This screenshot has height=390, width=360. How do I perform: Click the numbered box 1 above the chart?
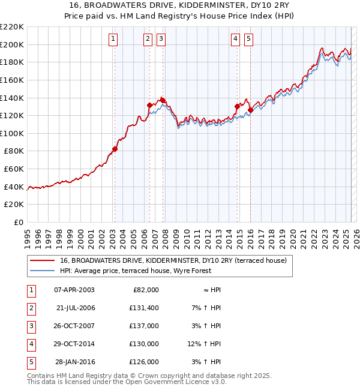[113, 40]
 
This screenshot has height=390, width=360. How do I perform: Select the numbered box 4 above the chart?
[236, 40]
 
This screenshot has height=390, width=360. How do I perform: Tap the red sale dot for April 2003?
[115, 149]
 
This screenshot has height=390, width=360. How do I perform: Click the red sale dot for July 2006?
[149, 105]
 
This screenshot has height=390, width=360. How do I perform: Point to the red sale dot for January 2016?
[251, 110]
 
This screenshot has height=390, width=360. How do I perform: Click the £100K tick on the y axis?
[12, 133]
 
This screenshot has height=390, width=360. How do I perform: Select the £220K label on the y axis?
[12, 27]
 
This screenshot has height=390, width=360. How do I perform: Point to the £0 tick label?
[19, 222]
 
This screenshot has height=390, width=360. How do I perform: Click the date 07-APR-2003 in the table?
[74, 290]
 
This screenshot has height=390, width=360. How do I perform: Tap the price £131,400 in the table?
[144, 308]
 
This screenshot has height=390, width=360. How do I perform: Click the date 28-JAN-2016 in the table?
[75, 362]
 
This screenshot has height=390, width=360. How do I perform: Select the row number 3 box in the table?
[30, 326]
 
